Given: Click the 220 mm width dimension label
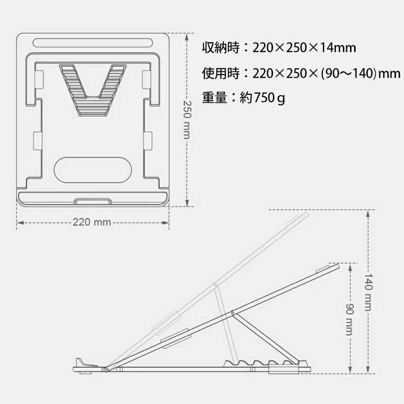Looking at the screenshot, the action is tap(92, 222).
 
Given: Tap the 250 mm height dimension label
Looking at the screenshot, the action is tap(187, 119).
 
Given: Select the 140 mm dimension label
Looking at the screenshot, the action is tap(369, 292).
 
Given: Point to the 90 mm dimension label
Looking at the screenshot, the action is tap(350, 319).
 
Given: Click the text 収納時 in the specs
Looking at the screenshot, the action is tap(220, 48).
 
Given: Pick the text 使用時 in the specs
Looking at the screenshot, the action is tap(220, 73).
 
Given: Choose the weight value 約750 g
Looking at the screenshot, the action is tap(262, 98).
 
